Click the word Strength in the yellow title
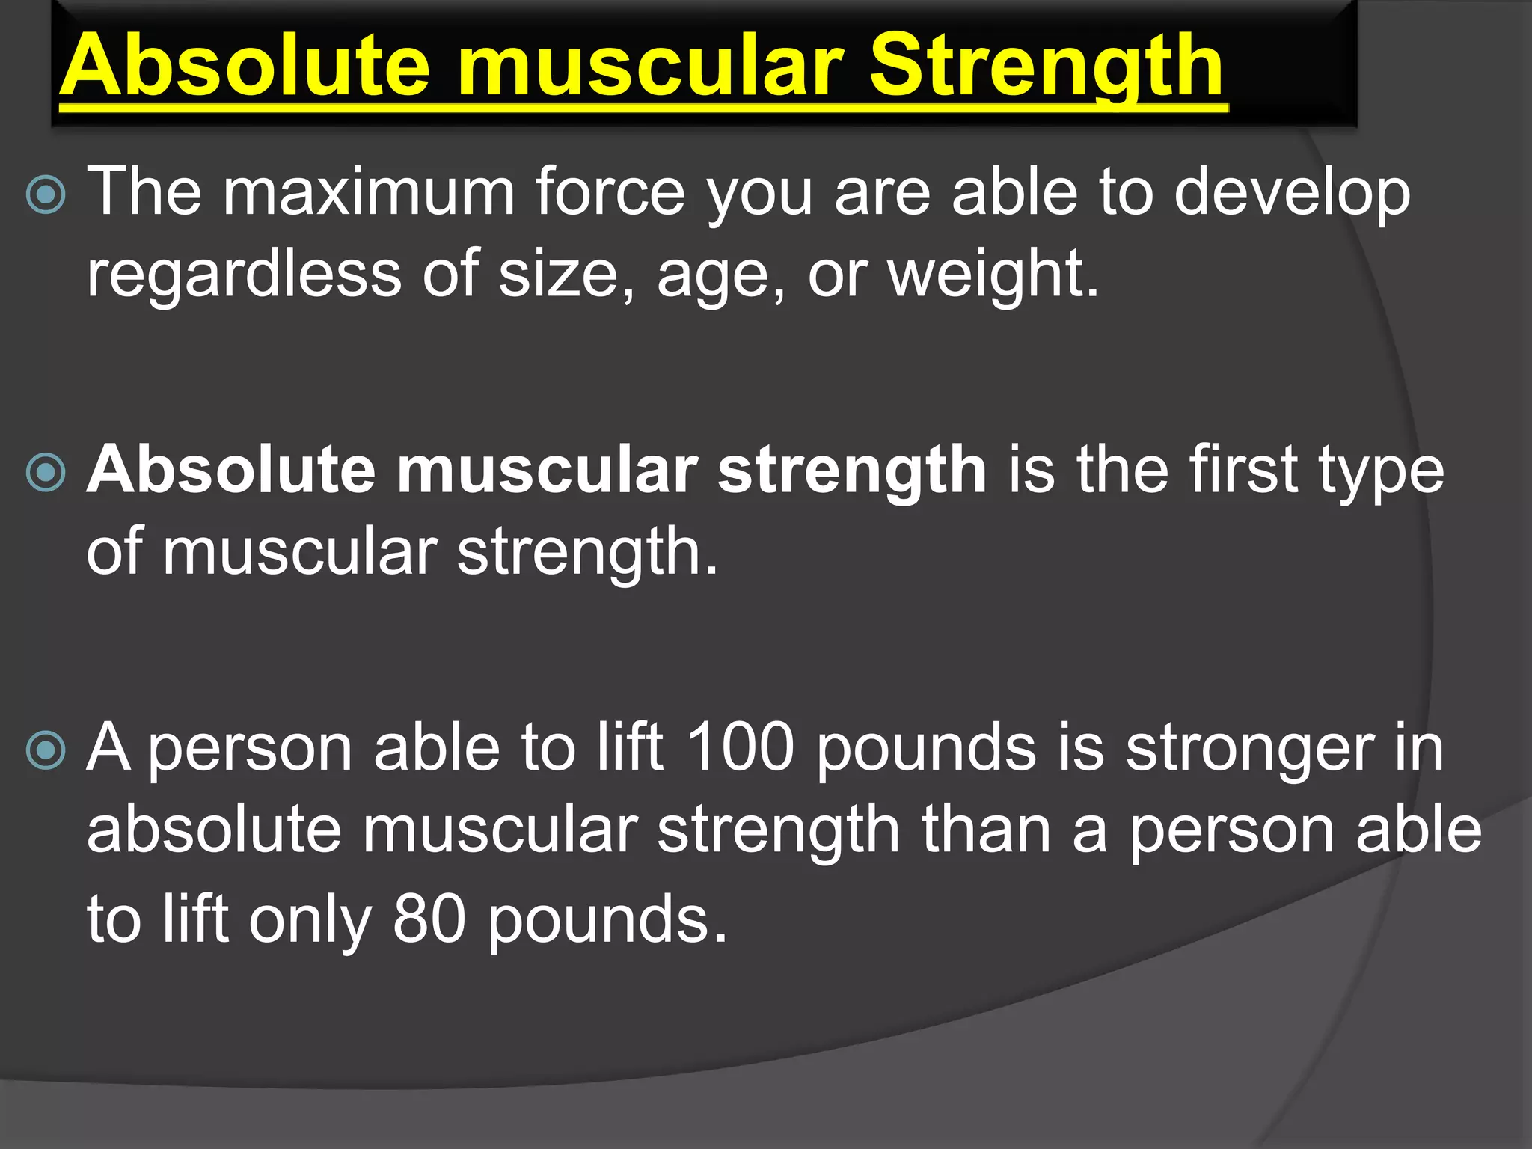(x=1046, y=67)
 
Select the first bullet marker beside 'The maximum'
(x=46, y=194)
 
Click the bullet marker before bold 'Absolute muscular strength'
(x=46, y=473)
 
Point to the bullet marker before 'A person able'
(x=46, y=750)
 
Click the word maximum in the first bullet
(x=369, y=192)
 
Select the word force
(x=610, y=192)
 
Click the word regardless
(x=244, y=275)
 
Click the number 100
(x=739, y=747)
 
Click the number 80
(x=429, y=919)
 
